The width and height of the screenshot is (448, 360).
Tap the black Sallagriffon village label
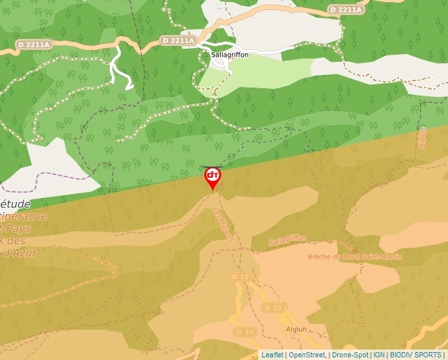point(230,55)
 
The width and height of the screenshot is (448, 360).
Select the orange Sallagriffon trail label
point(288,242)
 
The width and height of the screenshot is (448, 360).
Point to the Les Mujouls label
point(224,225)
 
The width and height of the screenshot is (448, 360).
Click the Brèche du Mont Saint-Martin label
point(354,257)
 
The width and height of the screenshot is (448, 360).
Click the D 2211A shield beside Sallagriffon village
point(179,41)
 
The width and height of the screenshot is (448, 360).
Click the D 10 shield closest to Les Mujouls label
point(240,277)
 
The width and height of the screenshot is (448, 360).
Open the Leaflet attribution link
point(272,355)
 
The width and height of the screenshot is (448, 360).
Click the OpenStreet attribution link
point(307,355)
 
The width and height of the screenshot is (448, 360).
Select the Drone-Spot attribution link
point(350,355)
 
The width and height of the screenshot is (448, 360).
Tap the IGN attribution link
point(379,355)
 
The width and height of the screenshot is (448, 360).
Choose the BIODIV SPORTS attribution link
point(415,355)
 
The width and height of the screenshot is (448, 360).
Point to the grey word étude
point(16,204)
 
